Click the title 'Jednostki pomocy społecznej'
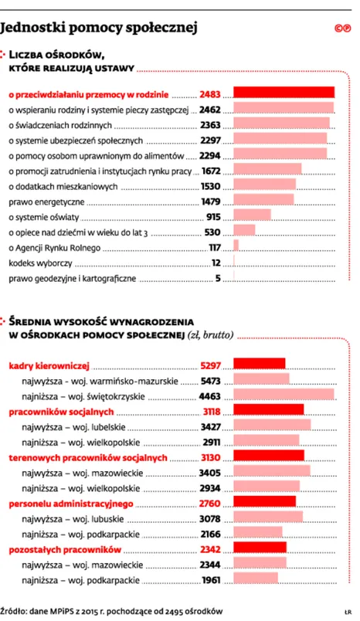point(100,29)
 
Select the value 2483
point(210,95)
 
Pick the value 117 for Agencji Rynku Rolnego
point(215,247)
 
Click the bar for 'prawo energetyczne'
point(263,201)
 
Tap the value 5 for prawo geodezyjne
point(219,278)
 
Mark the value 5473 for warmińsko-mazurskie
point(210,381)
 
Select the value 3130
point(210,457)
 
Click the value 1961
point(211,579)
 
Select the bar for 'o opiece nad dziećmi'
point(244,232)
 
